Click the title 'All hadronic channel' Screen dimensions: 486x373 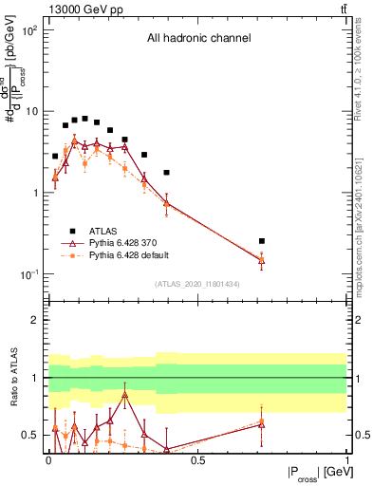point(198,39)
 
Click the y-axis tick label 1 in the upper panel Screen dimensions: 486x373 point(37,193)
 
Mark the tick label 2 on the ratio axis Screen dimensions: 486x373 point(37,320)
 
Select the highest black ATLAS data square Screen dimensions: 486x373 point(85,119)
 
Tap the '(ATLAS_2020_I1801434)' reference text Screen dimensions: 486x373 point(198,284)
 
